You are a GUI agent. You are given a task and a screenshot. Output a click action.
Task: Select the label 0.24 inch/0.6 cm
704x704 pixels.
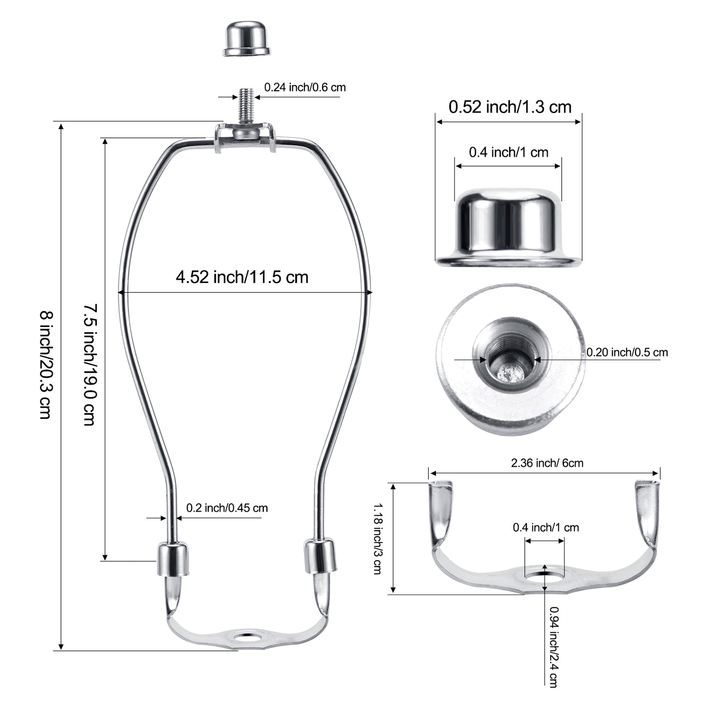305,87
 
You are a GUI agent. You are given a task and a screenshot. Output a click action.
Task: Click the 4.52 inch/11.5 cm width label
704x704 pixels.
242,277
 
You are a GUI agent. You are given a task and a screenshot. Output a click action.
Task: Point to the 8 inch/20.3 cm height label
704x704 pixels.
47,364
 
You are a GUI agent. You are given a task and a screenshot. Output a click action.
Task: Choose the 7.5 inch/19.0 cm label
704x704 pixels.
90,364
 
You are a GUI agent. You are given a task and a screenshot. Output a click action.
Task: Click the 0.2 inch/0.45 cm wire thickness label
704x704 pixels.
227,508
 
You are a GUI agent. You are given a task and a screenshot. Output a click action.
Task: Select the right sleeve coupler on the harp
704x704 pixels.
320,555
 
